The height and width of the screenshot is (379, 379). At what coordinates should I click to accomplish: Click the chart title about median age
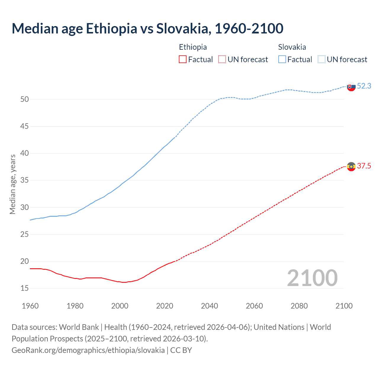[147, 28]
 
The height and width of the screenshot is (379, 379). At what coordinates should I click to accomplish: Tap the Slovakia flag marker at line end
[351, 87]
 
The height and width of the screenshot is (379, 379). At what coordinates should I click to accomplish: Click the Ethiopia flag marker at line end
[351, 167]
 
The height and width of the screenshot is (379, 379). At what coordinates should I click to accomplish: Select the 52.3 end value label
[364, 86]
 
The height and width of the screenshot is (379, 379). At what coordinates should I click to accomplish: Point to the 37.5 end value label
[364, 166]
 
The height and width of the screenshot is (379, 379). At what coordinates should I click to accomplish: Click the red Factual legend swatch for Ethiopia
[183, 60]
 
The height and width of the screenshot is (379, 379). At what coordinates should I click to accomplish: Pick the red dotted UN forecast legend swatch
[222, 60]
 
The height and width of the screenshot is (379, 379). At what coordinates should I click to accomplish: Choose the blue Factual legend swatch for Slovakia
[282, 60]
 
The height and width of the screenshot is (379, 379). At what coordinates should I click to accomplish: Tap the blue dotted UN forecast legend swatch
[321, 60]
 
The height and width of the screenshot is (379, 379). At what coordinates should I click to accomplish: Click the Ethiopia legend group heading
[193, 47]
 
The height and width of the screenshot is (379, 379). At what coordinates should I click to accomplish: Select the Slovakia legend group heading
[292, 47]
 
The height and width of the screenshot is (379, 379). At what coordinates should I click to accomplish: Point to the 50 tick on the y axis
[25, 99]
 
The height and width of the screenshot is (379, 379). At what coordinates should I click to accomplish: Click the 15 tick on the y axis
[25, 288]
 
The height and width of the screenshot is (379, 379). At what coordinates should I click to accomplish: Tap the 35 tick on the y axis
[25, 180]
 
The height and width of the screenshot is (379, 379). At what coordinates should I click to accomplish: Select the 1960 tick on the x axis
[30, 306]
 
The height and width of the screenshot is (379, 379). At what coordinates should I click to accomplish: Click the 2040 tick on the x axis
[209, 306]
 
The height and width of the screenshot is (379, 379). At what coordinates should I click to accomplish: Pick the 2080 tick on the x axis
[299, 306]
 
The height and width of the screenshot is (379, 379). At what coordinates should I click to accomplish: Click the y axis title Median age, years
[12, 184]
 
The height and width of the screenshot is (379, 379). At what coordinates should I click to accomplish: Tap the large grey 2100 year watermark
[312, 278]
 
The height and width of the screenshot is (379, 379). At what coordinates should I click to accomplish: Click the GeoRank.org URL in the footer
[88, 350]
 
